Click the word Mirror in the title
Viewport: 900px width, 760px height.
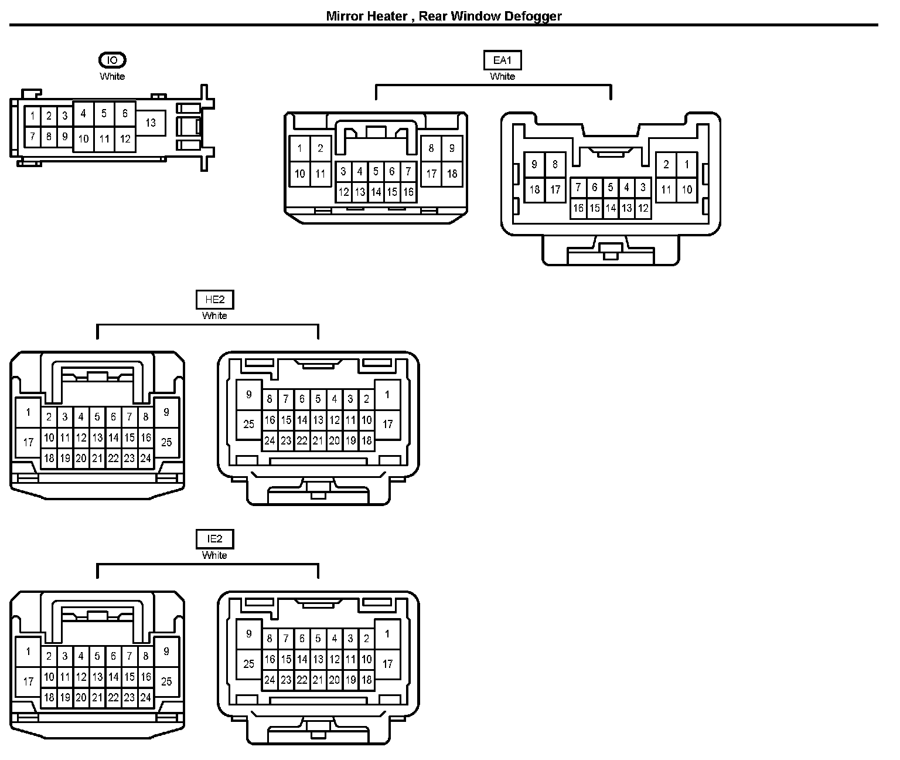click(344, 16)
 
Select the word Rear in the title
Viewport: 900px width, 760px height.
click(432, 16)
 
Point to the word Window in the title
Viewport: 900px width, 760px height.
click(471, 16)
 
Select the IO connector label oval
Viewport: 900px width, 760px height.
click(112, 60)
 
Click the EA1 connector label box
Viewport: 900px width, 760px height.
click(503, 60)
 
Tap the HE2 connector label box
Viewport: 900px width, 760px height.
click(214, 300)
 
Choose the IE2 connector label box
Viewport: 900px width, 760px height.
click(214, 539)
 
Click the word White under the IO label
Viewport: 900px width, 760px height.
click(112, 76)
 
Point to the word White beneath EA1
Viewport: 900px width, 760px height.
click(502, 76)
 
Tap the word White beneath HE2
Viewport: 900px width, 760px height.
click(214, 315)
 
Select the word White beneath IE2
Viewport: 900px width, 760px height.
click(214, 555)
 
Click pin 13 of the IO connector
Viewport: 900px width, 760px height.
click(151, 123)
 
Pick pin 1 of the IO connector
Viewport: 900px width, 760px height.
click(33, 116)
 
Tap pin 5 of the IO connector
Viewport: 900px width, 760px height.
click(104, 113)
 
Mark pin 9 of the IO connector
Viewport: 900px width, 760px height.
click(65, 137)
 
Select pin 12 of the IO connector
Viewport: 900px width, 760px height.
click(125, 139)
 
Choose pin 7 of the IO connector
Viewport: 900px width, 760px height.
click(33, 137)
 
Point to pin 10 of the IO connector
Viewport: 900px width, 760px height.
click(83, 139)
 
